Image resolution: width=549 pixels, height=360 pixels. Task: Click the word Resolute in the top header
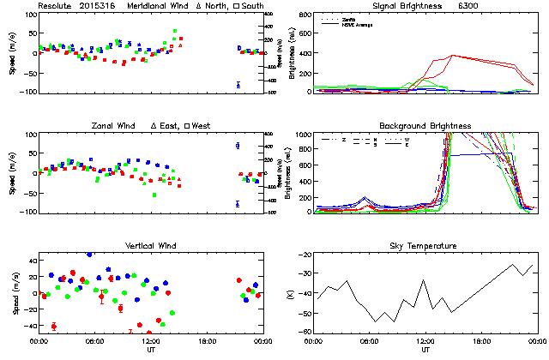tap(57, 6)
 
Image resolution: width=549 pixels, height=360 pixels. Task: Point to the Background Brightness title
tap(425, 126)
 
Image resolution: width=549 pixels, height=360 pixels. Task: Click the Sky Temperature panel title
tap(425, 246)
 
